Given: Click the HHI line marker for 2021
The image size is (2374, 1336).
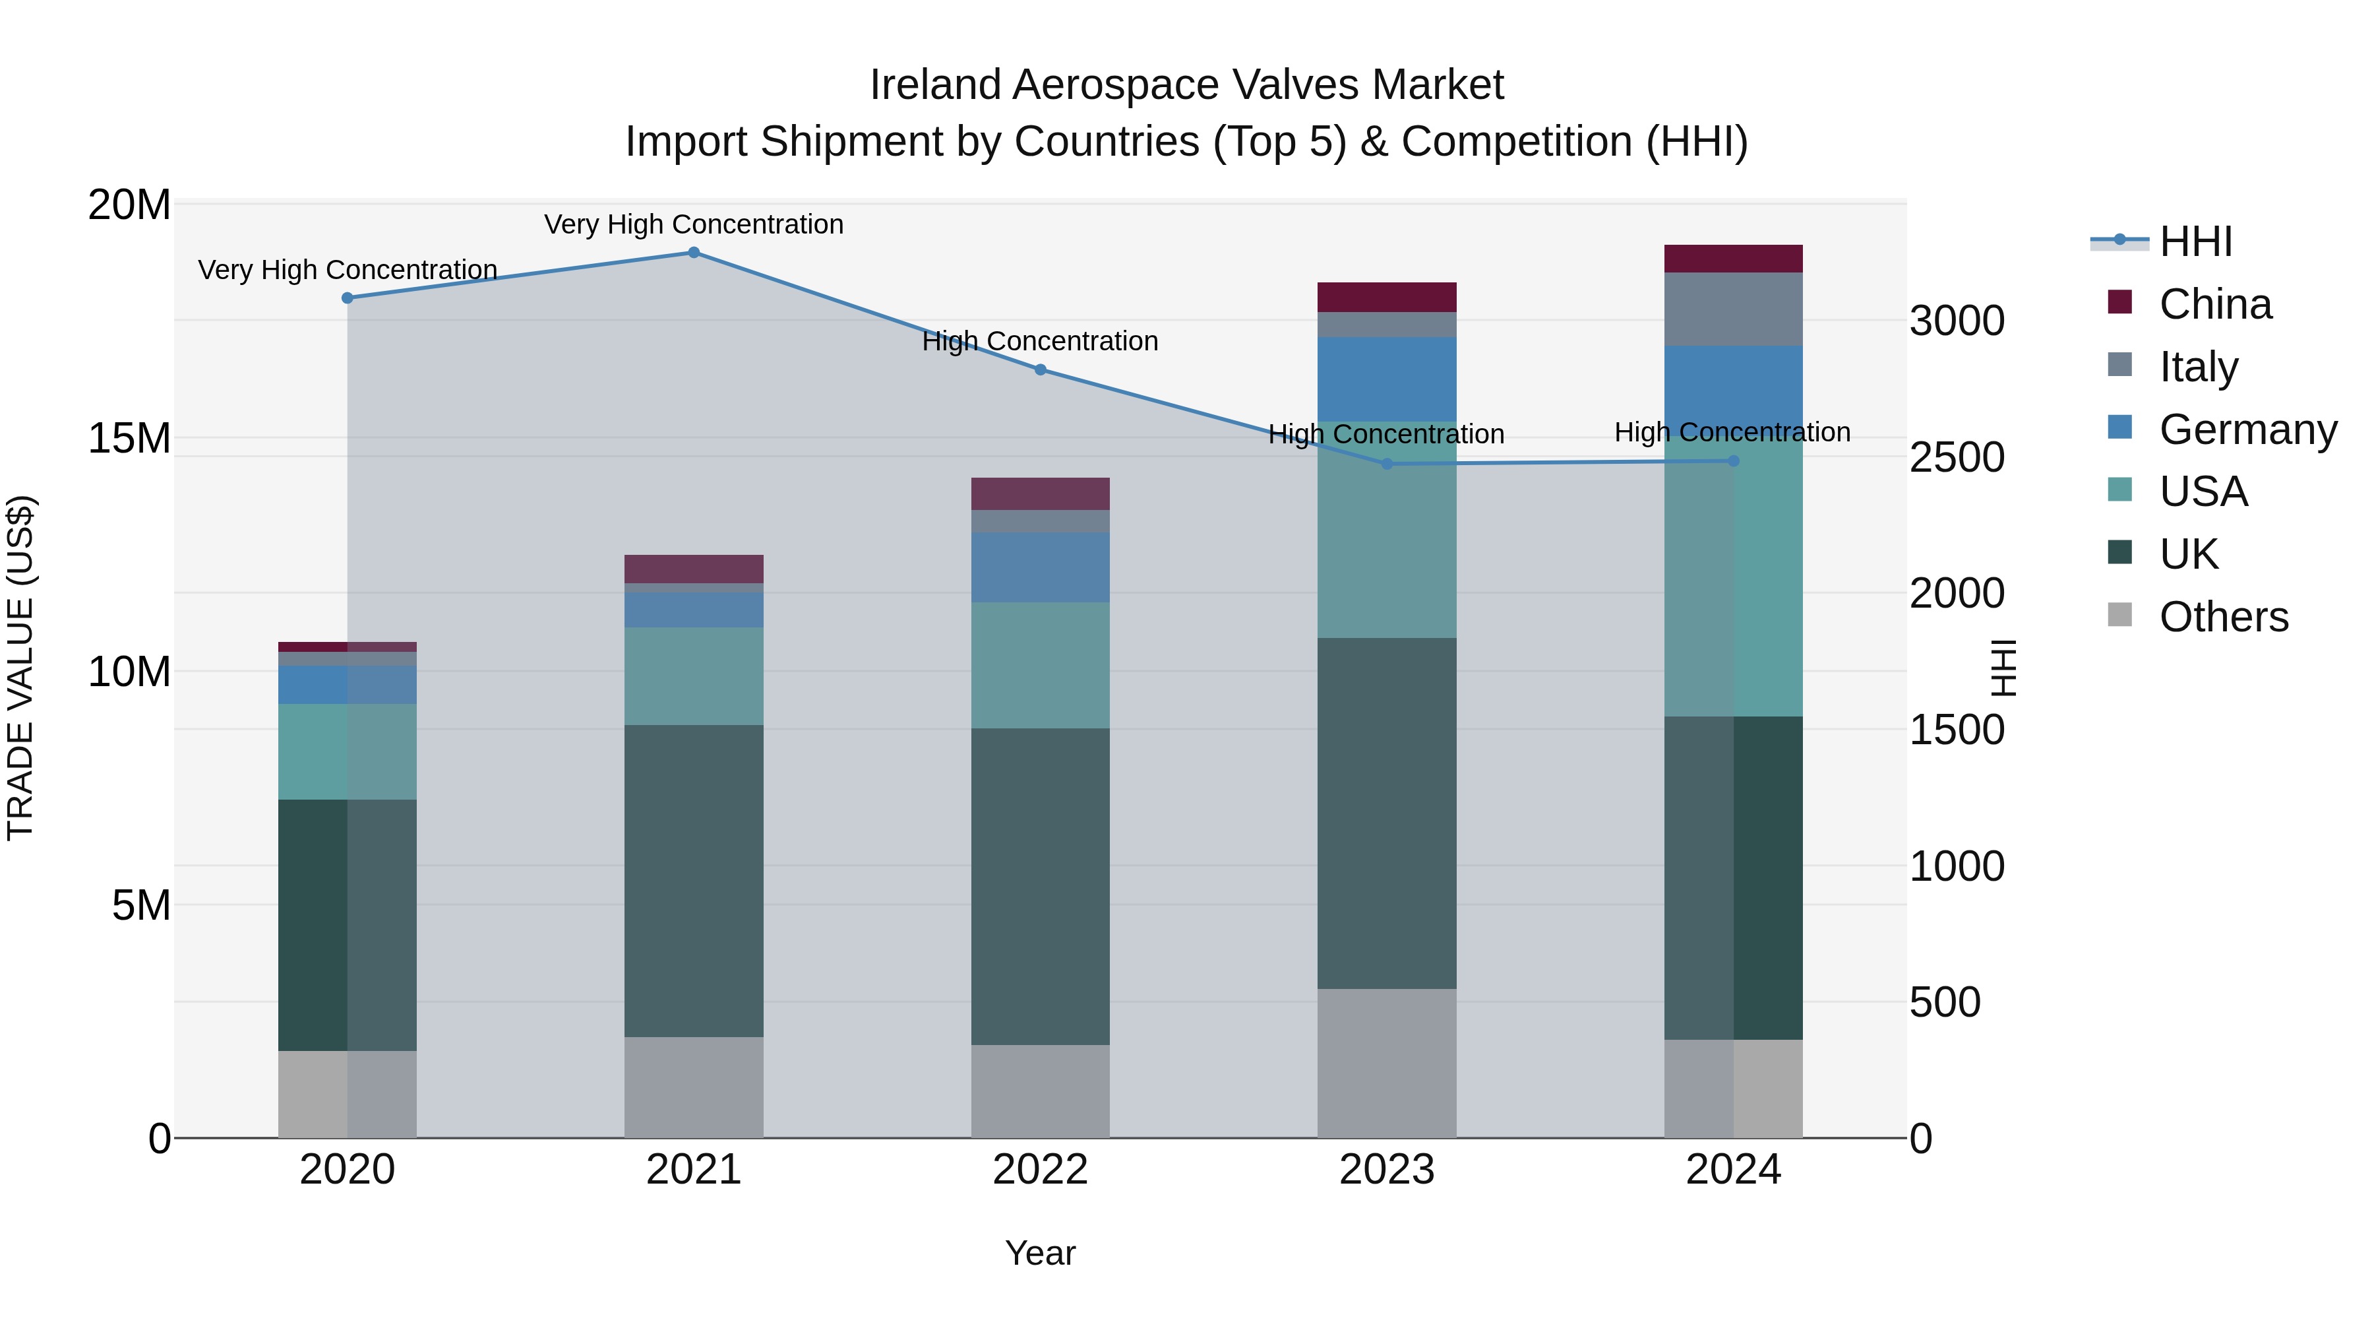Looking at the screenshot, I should [694, 253].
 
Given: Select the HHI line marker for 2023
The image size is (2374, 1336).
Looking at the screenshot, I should [1387, 464].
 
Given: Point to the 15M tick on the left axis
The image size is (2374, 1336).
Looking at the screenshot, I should [129, 438].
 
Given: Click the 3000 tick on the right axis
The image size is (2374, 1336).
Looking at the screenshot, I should [1957, 321].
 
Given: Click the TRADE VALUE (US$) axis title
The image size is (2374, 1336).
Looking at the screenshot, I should [20, 668].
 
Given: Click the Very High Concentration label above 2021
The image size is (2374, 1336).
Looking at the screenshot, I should [694, 224].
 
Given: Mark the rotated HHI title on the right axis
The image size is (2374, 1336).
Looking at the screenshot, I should [2003, 668].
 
